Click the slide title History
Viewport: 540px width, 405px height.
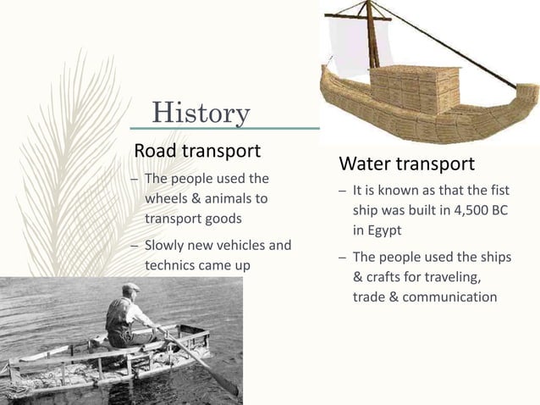201,111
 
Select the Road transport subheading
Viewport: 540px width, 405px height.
196,151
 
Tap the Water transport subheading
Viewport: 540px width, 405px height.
406,163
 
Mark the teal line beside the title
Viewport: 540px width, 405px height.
288,129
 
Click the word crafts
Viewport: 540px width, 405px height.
384,277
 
